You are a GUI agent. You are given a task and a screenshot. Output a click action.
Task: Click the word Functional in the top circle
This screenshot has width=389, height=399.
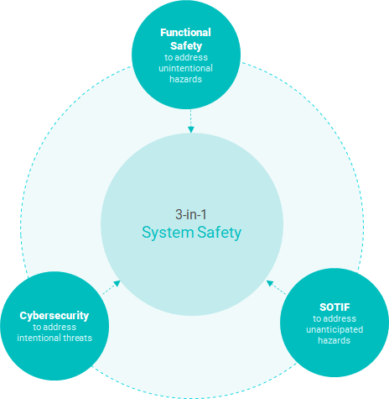(x=185, y=33)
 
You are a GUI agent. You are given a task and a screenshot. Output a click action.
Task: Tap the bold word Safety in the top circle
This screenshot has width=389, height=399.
(x=186, y=46)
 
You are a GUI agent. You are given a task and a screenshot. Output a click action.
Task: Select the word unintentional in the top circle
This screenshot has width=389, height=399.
(x=185, y=68)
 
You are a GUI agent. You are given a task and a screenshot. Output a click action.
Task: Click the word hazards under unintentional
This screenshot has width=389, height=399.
(x=185, y=79)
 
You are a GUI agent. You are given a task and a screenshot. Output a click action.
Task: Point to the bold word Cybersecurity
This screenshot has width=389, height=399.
(x=54, y=316)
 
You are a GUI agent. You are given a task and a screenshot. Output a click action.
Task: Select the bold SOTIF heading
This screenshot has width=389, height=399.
(x=335, y=307)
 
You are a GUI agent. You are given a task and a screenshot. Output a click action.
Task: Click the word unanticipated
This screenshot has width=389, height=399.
(x=335, y=329)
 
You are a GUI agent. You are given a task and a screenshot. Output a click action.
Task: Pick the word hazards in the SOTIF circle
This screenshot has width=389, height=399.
(x=335, y=340)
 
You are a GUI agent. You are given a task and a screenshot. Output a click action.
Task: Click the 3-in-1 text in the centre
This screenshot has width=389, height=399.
(x=191, y=214)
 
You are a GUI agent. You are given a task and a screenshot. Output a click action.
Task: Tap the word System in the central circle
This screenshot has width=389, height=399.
(x=168, y=233)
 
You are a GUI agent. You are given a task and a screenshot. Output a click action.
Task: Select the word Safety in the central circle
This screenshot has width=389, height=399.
(x=219, y=233)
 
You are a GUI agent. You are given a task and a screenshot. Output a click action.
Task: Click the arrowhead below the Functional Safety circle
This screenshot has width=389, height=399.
(x=191, y=129)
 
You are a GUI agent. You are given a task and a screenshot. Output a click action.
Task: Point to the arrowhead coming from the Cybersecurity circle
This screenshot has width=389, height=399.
(x=117, y=284)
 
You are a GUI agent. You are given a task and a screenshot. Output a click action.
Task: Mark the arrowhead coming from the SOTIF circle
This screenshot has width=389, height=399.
(x=270, y=283)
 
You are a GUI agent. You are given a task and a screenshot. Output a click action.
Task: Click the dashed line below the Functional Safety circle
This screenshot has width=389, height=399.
(x=191, y=118)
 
